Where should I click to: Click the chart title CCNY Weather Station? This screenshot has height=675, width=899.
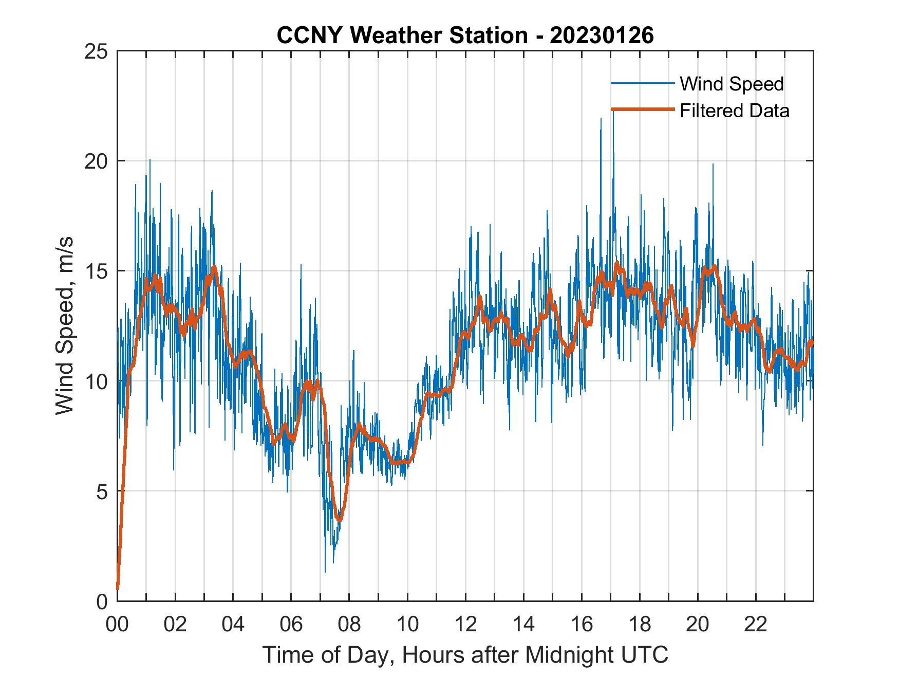[402, 35]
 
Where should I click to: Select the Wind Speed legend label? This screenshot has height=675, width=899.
[732, 84]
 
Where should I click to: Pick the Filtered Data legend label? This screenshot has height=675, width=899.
[734, 111]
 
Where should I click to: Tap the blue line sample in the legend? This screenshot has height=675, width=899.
[642, 83]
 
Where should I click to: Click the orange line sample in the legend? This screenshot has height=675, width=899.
[642, 110]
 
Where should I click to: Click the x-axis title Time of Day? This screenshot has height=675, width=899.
[465, 654]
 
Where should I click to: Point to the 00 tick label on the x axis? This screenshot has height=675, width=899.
[117, 624]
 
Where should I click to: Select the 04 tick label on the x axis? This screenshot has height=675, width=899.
[233, 624]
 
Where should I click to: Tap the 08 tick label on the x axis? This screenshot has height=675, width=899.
[349, 624]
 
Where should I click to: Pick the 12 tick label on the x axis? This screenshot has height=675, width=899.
[465, 624]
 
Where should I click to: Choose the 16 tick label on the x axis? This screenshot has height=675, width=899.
[582, 624]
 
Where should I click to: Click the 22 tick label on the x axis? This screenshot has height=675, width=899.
[756, 624]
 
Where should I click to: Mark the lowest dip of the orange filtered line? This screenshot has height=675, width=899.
[339, 520]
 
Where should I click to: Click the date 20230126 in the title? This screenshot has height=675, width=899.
[602, 35]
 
